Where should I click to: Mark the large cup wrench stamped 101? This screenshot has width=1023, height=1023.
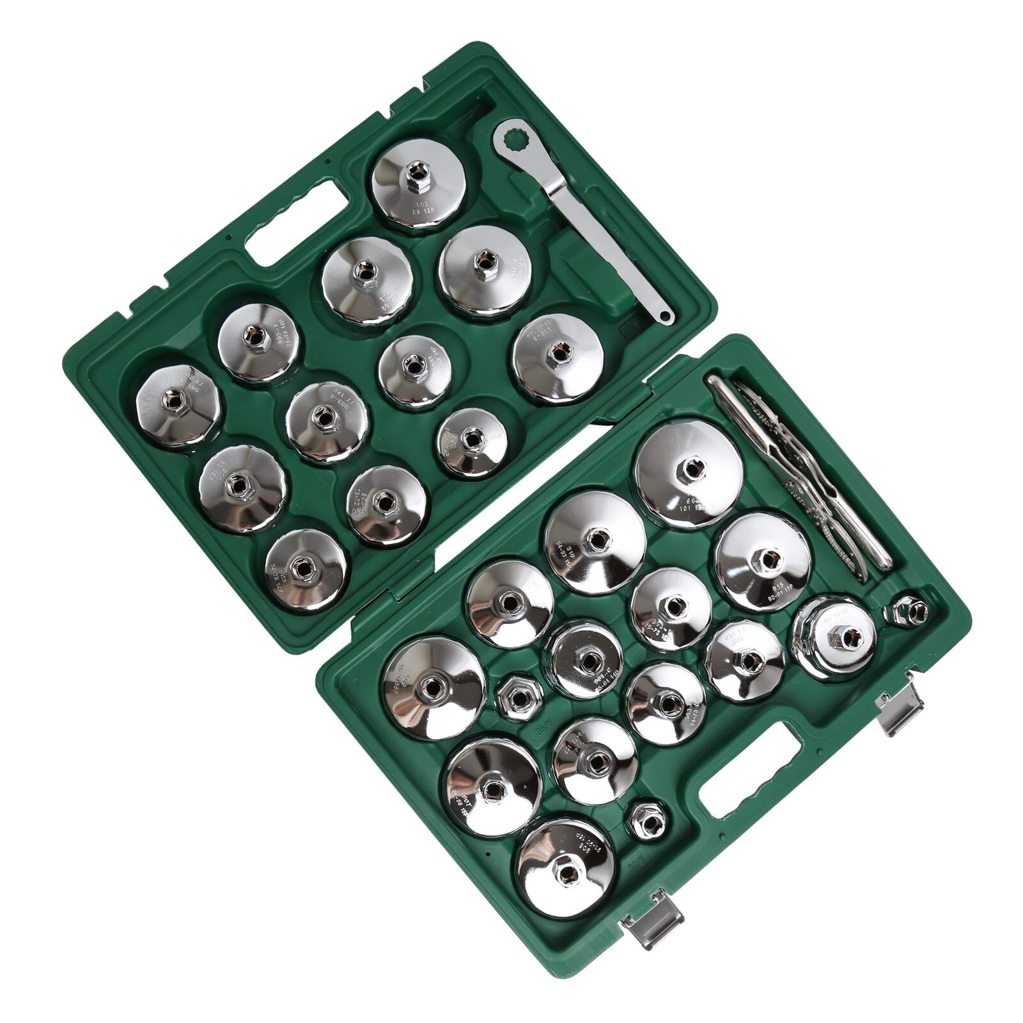tap(689, 472)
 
